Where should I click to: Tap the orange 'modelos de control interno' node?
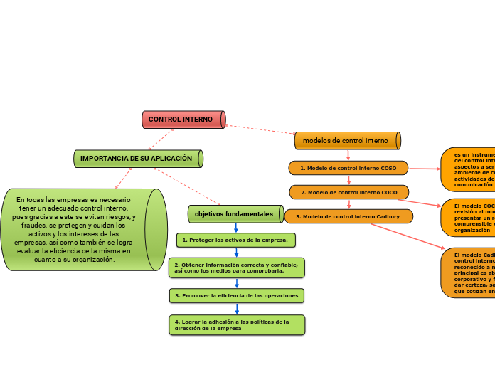347,141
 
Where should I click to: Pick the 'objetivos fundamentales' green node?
234,213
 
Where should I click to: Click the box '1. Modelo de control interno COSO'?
348,168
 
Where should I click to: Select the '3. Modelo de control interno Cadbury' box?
348,216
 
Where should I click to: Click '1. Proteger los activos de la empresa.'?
235,240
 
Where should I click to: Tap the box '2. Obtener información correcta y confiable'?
237,268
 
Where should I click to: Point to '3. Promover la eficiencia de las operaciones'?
237,295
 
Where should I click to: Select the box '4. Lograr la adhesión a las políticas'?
237,324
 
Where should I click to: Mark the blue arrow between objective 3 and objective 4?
237,309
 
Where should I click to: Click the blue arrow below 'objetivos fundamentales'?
236,228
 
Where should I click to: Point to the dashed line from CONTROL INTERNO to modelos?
260,129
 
